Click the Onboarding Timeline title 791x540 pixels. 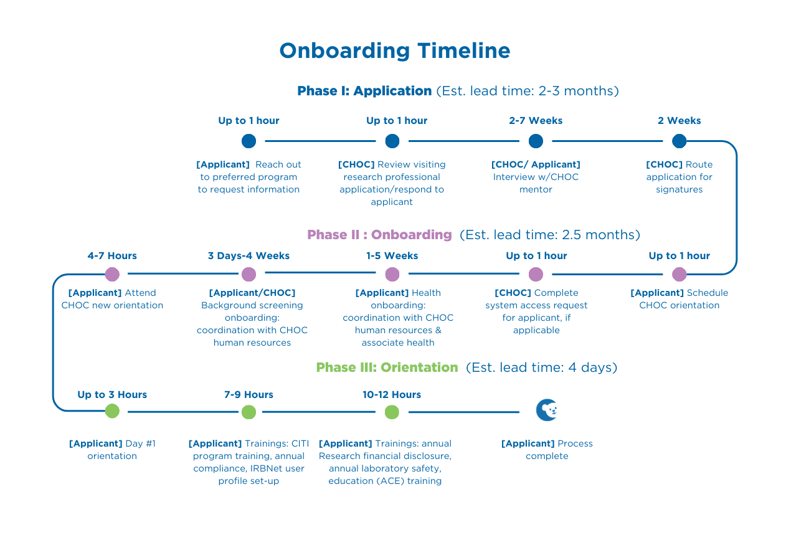[x=395, y=51]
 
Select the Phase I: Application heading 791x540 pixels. [x=364, y=91]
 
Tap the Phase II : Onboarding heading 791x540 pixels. [x=379, y=235]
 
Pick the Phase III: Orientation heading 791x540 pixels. [x=387, y=367]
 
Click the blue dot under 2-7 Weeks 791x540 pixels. [x=536, y=141]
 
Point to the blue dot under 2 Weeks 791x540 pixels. [x=679, y=141]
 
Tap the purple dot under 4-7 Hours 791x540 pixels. [x=112, y=274]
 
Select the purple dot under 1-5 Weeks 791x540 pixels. [x=392, y=274]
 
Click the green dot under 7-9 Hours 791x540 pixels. [x=249, y=412]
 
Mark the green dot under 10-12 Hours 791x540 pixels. [x=392, y=412]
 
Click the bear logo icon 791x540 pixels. [x=547, y=410]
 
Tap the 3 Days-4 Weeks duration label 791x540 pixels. [x=249, y=256]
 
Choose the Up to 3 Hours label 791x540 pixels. [x=112, y=395]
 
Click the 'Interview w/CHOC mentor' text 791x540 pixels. [x=536, y=183]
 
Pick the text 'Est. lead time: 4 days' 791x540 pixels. [x=541, y=367]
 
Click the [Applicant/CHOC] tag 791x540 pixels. [x=252, y=293]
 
